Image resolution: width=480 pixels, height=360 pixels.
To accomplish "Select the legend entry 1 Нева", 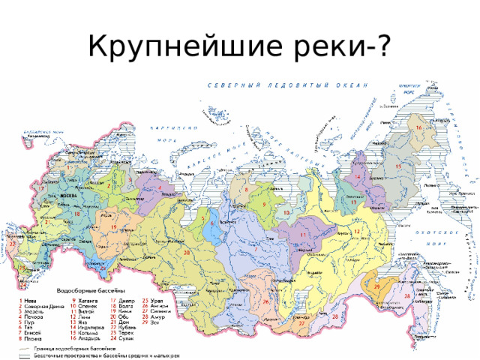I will (30, 300).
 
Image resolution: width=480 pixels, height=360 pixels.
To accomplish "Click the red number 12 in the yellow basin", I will (358, 231).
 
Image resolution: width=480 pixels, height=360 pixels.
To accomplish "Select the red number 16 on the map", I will (418, 128).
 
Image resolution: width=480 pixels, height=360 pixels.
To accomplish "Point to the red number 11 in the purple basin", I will (303, 235).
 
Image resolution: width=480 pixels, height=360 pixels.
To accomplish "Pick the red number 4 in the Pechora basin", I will (160, 187).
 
